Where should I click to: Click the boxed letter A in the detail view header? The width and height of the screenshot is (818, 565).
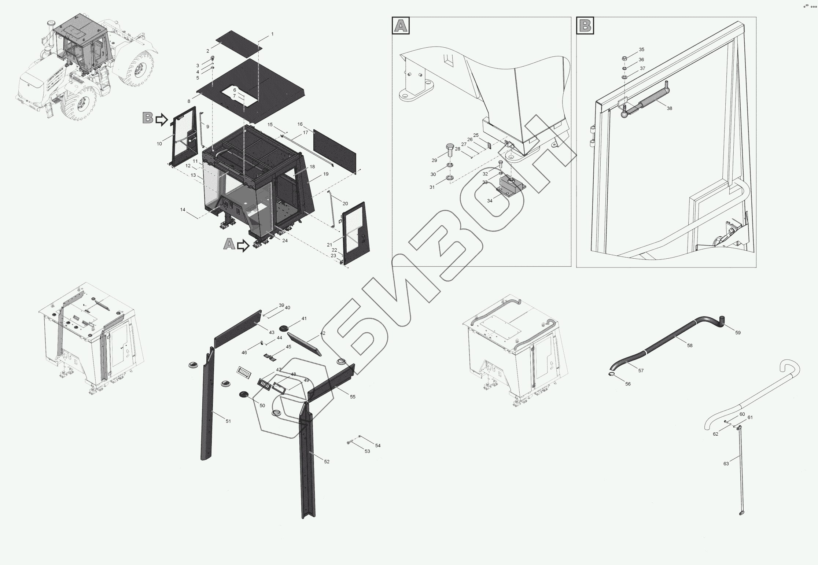[401, 26]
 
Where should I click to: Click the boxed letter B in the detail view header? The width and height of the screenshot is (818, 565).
[585, 26]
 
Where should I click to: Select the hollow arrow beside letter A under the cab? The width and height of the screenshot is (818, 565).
[243, 245]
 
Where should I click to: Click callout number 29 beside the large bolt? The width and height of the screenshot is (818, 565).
[434, 160]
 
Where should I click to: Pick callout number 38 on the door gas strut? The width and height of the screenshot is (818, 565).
[669, 108]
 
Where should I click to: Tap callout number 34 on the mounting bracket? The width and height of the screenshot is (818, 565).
[490, 200]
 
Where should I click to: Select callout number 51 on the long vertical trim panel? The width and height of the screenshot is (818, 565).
[228, 421]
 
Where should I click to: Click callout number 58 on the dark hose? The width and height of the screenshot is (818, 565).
[690, 345]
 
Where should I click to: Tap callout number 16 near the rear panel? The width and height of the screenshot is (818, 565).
[300, 124]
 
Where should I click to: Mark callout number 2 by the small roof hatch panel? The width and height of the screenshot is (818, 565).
[207, 51]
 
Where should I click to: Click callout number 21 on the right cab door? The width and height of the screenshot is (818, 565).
[329, 244]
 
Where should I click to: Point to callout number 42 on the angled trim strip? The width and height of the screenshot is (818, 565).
[323, 333]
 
